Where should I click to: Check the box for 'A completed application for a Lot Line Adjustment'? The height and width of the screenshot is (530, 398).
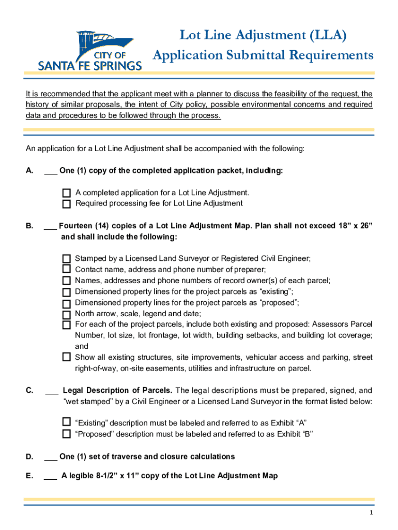point(67,193)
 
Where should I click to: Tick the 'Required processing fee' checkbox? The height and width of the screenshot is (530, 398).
point(67,204)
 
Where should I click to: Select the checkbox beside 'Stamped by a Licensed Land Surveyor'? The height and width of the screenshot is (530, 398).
point(67,258)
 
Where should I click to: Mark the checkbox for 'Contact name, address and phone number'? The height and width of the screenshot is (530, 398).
point(67,269)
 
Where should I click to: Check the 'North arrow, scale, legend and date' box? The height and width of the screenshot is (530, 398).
point(67,314)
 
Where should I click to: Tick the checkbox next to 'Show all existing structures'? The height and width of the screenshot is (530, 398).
point(67,357)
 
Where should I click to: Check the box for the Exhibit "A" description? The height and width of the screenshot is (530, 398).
point(67,422)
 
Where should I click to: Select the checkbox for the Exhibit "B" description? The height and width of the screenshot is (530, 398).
point(67,434)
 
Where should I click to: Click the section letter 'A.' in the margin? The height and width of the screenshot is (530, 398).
point(30,171)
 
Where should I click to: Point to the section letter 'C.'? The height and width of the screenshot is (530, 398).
point(30,390)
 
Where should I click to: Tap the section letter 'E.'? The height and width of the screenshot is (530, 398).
point(30,476)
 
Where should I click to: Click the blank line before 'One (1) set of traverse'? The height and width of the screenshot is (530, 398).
point(51,458)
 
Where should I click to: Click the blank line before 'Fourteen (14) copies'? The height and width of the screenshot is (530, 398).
point(51,227)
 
